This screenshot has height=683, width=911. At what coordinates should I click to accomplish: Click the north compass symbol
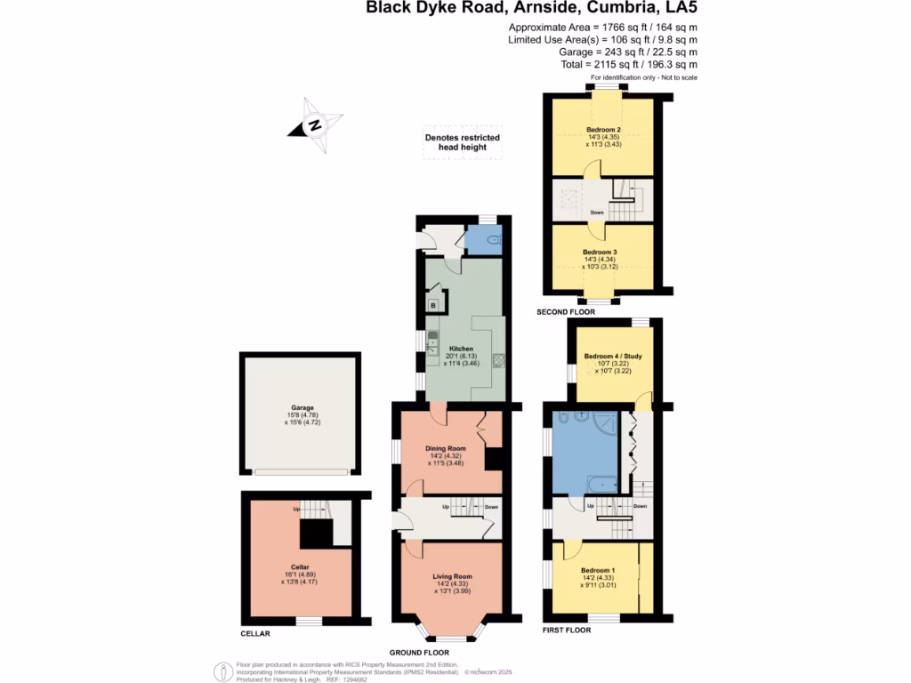315,125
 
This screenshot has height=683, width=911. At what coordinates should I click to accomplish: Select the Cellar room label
299,566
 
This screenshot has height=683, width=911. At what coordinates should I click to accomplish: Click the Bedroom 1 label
596,570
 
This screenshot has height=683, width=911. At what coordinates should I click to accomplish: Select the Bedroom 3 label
601,252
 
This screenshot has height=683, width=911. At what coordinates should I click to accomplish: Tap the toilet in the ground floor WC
494,238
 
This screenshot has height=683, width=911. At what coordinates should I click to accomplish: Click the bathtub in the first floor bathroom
601,485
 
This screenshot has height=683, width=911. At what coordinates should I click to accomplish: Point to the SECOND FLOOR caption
566,313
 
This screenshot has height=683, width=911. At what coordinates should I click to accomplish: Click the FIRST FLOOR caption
566,631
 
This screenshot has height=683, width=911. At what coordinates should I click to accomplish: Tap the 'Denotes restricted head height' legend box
462,143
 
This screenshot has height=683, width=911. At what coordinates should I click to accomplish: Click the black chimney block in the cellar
315,534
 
